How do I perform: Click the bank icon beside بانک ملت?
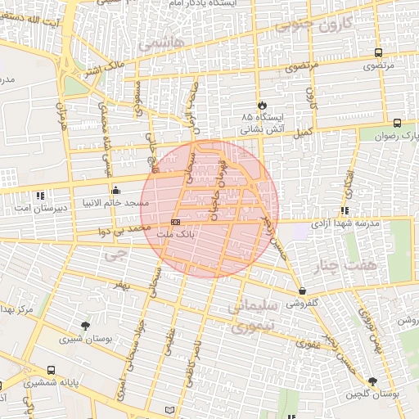click(x=175, y=222)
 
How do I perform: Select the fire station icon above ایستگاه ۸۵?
click(x=262, y=106)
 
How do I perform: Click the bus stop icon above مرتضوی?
click(x=377, y=52)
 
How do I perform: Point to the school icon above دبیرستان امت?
click(x=41, y=196)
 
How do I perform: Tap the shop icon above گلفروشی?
click(x=303, y=290)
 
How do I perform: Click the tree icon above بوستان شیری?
click(x=86, y=326)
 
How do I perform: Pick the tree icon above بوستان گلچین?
click(x=373, y=381)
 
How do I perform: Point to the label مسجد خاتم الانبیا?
click(x=111, y=201)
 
